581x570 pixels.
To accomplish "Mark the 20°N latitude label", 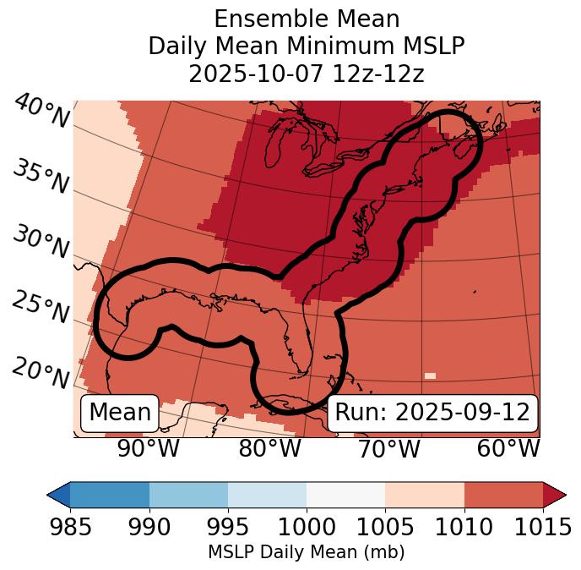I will [41, 373].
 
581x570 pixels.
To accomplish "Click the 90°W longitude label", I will [148, 448].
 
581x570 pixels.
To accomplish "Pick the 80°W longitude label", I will [270, 448].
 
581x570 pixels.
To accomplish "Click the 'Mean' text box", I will [120, 413].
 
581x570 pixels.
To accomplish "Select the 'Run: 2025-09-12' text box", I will [432, 413].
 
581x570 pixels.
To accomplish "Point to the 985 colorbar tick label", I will [70, 528].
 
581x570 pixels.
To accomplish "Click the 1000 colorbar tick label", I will [307, 528].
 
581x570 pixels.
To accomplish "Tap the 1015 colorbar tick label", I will [543, 528].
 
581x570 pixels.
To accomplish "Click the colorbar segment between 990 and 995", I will [188, 494].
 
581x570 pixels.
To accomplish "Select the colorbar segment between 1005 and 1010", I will [425, 494].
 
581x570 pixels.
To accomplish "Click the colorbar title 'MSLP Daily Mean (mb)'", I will [307, 552].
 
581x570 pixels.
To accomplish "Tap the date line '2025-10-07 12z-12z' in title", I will [307, 74].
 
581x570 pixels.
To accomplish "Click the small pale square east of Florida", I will [431, 375].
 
